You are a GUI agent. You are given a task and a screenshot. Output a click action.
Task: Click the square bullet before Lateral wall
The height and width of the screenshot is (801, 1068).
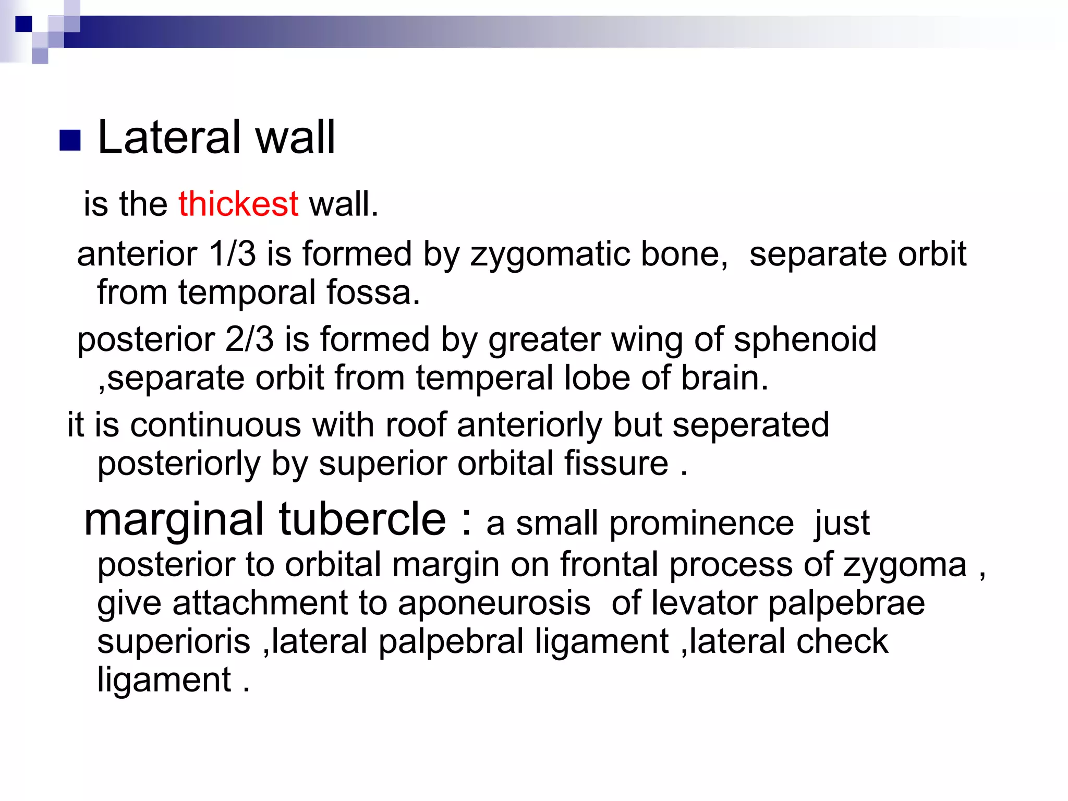coord(70,140)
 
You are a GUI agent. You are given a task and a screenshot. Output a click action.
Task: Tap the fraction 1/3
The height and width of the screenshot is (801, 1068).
coord(232,254)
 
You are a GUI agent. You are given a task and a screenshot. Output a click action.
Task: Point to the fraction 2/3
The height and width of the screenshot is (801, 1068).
coord(249,339)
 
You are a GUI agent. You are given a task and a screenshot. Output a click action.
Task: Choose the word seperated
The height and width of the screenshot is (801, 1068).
coord(750,426)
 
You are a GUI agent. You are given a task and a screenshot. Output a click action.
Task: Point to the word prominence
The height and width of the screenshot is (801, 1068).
coord(701,523)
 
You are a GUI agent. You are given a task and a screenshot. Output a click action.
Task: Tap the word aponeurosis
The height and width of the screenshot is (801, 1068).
coord(494,603)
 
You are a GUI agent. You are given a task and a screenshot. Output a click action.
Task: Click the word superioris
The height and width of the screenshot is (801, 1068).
coord(174,642)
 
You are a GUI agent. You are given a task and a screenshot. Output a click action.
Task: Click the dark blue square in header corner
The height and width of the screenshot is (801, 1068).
coord(23,24)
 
